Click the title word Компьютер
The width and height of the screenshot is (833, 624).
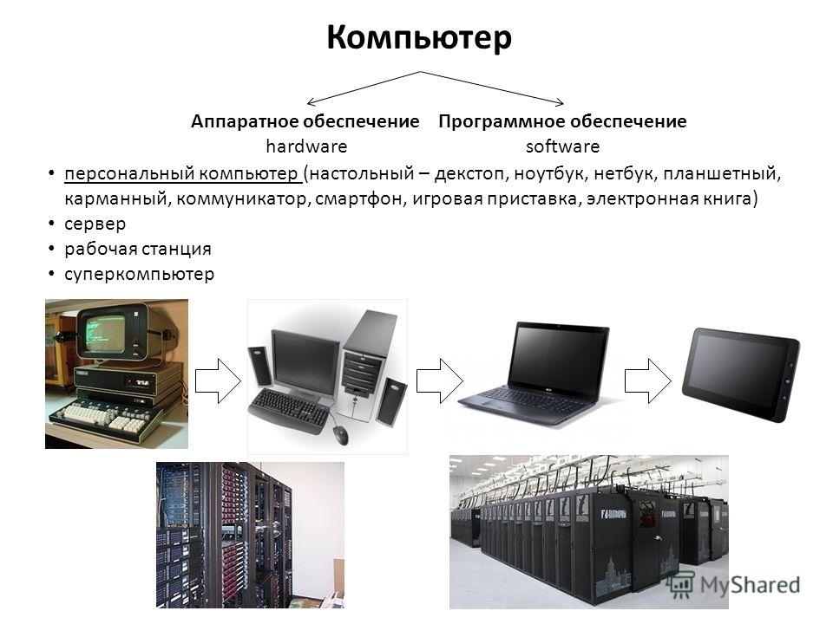click(418, 38)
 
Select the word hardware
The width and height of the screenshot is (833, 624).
click(306, 146)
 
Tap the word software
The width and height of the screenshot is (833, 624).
click(562, 146)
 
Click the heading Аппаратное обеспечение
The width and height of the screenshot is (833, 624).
click(305, 121)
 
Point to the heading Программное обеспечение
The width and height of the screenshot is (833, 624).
click(562, 121)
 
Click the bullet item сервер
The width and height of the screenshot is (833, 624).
click(95, 224)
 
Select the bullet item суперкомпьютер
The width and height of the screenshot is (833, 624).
click(139, 275)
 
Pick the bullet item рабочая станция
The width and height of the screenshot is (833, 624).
click(138, 249)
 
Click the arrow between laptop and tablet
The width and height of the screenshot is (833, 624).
click(647, 381)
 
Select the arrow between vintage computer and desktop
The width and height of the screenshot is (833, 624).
click(218, 381)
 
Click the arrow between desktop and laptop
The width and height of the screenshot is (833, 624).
click(439, 381)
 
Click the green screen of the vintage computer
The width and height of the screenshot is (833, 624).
click(106, 335)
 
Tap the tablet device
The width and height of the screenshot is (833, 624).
click(740, 374)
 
